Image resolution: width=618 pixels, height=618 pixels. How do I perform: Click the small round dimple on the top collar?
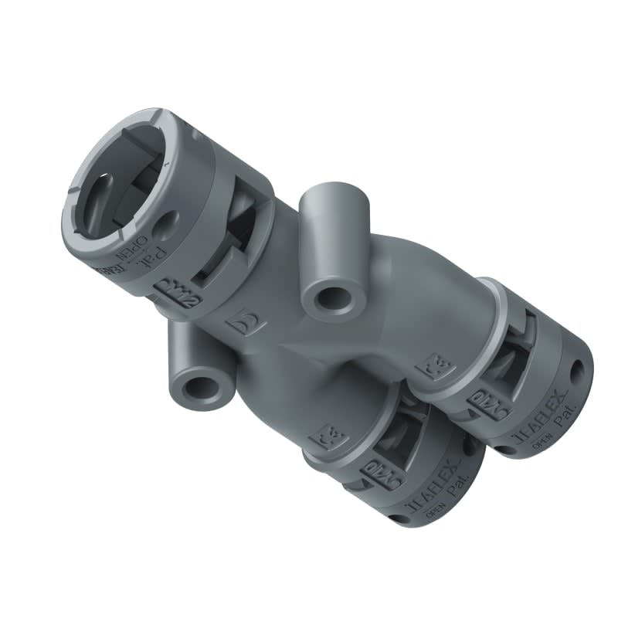[164, 226]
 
